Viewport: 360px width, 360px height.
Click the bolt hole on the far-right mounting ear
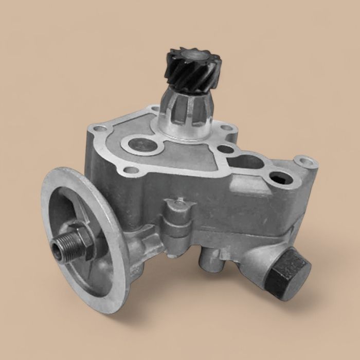pos(307,164)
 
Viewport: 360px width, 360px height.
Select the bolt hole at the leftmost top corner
pos(96,128)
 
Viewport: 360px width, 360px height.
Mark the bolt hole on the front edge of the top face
pos(132,170)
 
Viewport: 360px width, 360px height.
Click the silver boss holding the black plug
pos(257,257)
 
